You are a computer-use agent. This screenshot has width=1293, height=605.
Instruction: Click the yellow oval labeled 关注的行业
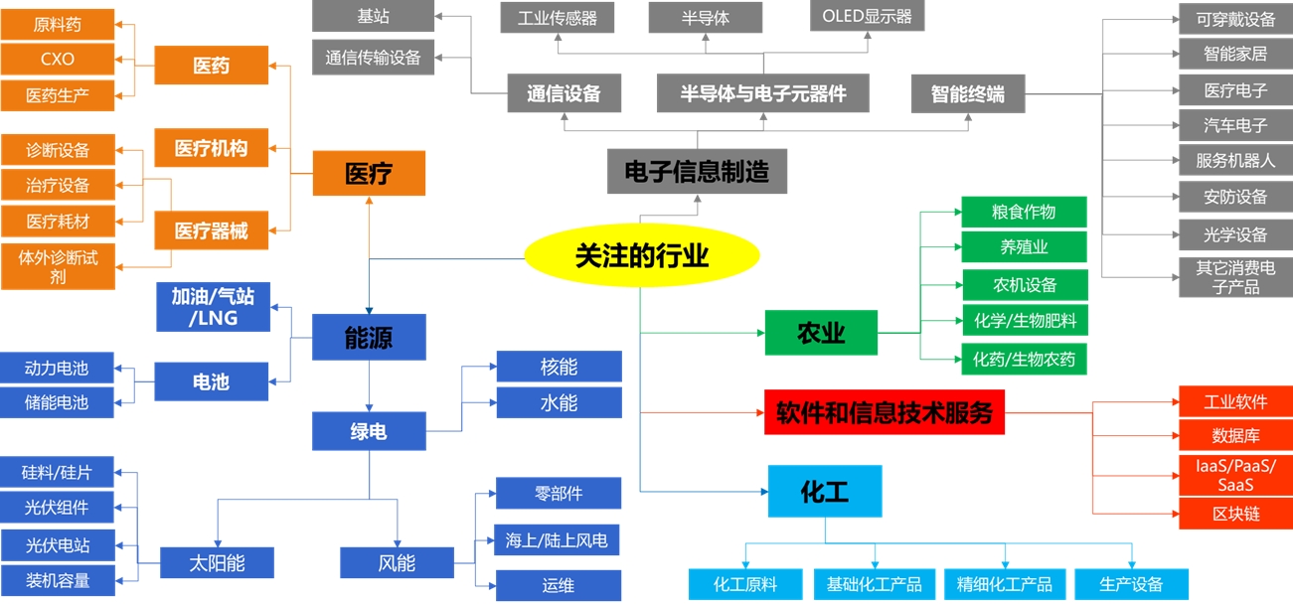tap(641, 256)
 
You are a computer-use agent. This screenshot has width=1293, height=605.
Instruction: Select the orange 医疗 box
tap(369, 174)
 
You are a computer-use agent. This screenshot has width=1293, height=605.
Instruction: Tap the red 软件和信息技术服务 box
tap(884, 411)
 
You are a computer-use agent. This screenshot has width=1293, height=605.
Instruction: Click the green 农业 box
tap(821, 333)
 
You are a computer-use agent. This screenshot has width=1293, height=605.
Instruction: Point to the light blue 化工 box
tap(824, 491)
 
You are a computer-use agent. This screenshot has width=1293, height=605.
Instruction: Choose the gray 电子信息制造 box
tap(697, 171)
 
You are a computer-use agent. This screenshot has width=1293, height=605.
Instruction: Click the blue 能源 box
tap(369, 338)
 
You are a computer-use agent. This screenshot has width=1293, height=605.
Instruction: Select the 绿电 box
tap(369, 432)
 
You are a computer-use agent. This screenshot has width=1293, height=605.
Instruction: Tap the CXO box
tap(58, 60)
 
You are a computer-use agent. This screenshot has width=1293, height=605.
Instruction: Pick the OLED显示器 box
tap(867, 17)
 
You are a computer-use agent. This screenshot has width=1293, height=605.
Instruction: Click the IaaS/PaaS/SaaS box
tap(1235, 476)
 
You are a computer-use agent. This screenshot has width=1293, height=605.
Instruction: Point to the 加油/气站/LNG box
tap(213, 307)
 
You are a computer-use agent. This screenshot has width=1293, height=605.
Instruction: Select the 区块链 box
tap(1235, 514)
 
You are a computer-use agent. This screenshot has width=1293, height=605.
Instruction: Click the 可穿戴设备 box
tap(1235, 19)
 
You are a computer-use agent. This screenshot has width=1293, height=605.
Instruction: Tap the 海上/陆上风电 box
tap(557, 541)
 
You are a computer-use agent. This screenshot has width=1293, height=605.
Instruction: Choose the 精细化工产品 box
tap(1004, 584)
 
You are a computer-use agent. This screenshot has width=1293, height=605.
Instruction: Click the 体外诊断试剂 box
tap(58, 267)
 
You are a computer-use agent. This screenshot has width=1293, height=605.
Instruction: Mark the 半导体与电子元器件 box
tap(763, 94)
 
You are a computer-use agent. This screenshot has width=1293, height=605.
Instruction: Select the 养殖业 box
tap(1024, 247)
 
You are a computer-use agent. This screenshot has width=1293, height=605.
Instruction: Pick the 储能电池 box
tap(58, 402)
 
